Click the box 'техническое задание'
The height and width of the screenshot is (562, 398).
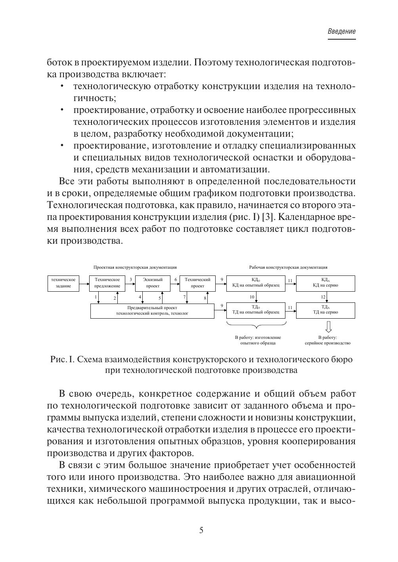click(63, 283)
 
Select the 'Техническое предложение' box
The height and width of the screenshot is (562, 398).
click(107, 283)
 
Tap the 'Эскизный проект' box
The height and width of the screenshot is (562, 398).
click(152, 283)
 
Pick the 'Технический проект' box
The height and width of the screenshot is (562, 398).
click(197, 283)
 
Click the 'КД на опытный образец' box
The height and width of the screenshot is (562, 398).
click(256, 283)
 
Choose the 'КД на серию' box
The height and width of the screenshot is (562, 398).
click(325, 283)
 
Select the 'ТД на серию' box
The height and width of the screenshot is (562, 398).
click(325, 310)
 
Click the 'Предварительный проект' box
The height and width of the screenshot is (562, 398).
click(152, 310)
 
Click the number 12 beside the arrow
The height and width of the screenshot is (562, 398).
click(323, 297)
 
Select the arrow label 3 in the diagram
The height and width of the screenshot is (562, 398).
click(131, 279)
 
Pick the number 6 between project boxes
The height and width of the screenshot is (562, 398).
click(176, 279)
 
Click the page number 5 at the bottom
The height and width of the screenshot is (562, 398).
click(201, 530)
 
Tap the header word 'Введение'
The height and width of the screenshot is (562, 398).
click(342, 32)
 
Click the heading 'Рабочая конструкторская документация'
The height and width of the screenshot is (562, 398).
click(288, 268)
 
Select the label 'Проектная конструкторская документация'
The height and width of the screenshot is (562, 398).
click(135, 268)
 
